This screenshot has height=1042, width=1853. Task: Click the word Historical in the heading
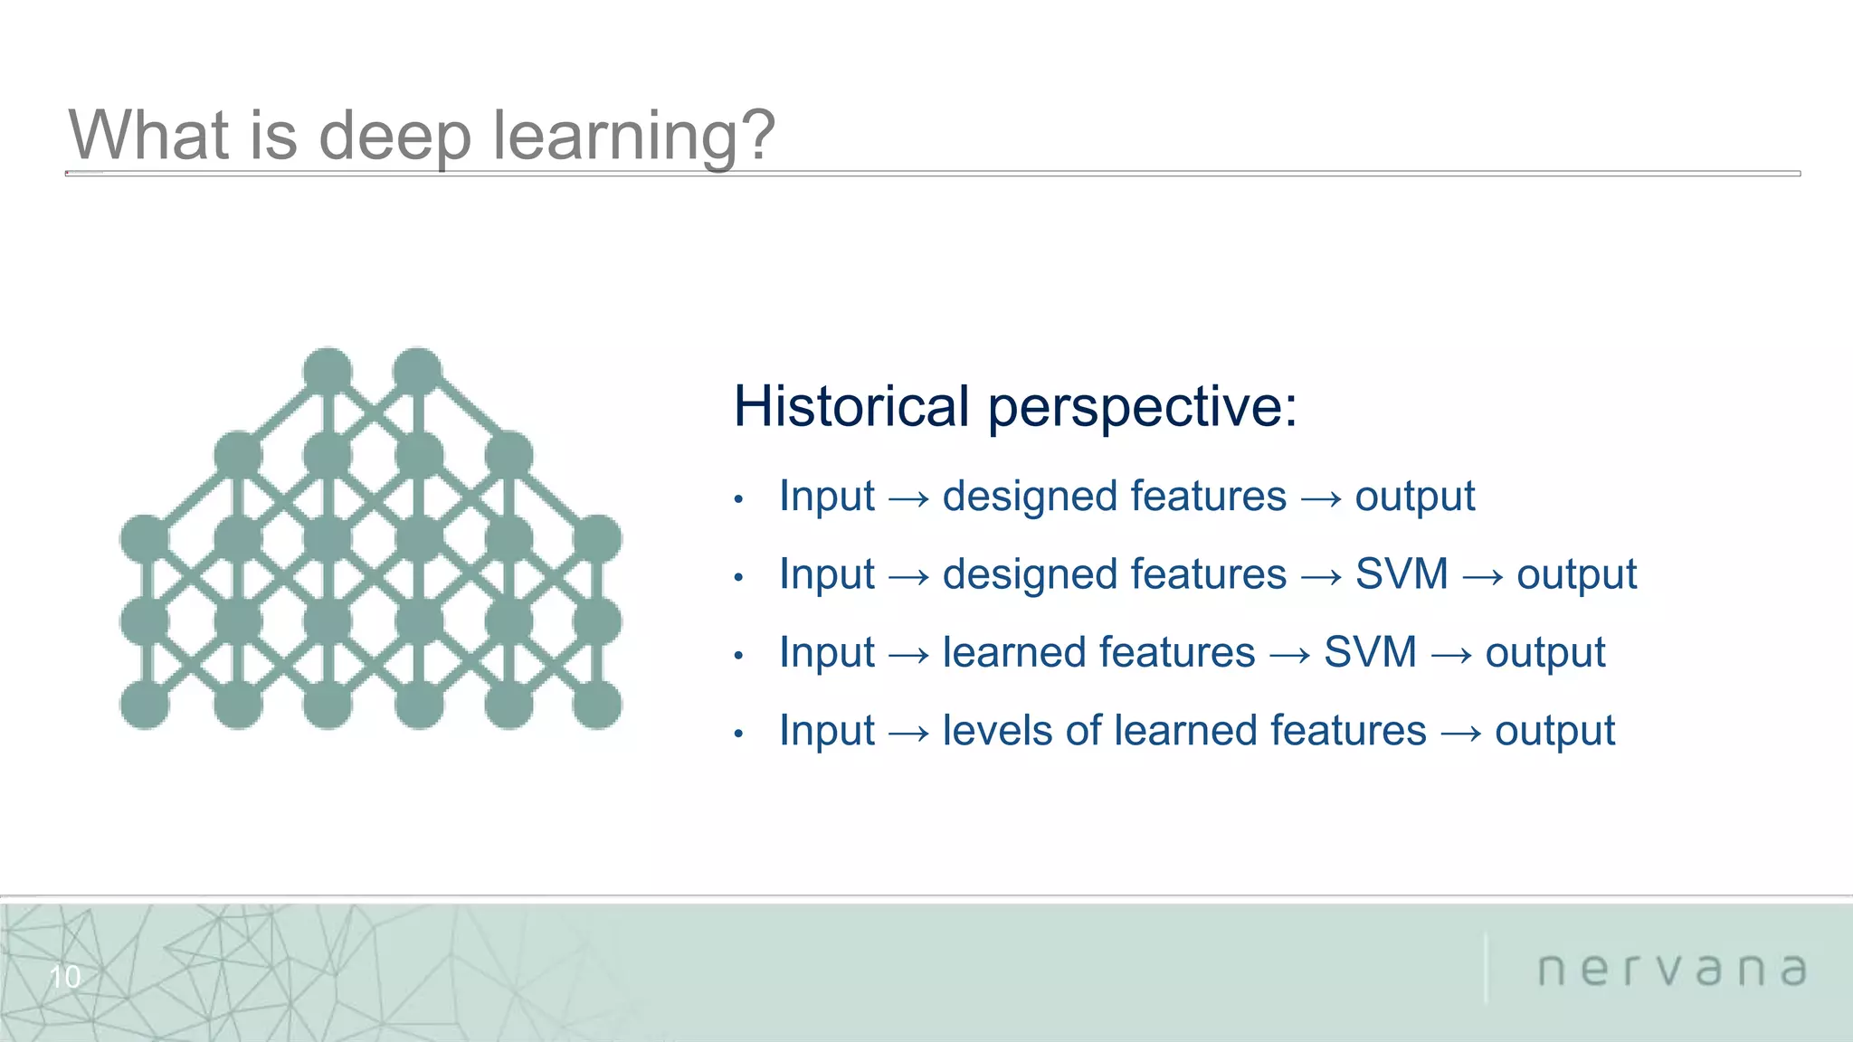(x=850, y=406)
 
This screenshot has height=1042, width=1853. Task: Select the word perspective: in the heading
(x=1142, y=406)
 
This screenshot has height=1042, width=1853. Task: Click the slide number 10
(x=64, y=977)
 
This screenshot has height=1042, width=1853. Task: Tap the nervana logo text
(x=1672, y=970)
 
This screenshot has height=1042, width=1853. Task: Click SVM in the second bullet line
(x=1401, y=574)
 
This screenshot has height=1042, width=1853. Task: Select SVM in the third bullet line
(x=1369, y=652)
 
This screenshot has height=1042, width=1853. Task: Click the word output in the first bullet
(x=1414, y=497)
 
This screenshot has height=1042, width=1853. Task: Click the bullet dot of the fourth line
(x=738, y=733)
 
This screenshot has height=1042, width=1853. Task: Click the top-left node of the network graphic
(x=328, y=371)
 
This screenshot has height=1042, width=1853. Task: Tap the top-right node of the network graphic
(x=417, y=371)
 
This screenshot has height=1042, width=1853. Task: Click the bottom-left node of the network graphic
(x=145, y=705)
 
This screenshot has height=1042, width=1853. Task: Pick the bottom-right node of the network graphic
(x=597, y=705)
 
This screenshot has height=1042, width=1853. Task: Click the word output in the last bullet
(x=1554, y=731)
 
